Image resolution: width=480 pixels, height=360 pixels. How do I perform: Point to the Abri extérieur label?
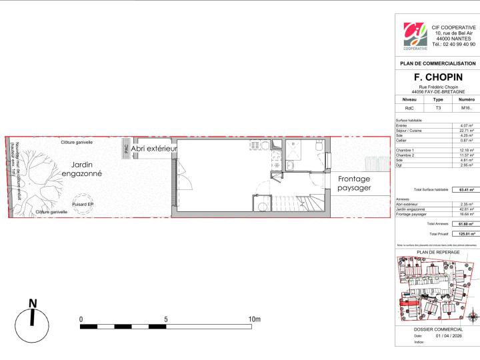pyautogui.click(x=154, y=148)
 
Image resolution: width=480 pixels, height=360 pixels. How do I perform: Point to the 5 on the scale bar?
pyautogui.click(x=166, y=320)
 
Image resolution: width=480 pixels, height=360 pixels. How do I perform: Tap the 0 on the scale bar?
pyautogui.click(x=81, y=320)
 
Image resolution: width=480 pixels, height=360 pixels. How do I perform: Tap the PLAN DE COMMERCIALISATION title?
pyautogui.click(x=438, y=63)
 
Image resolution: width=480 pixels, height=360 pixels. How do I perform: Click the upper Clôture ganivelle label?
pyautogui.click(x=77, y=142)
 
